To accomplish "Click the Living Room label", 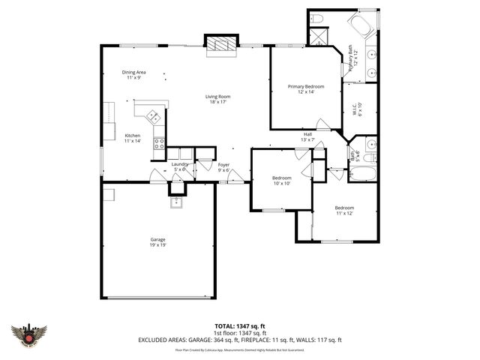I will (x=219, y=99).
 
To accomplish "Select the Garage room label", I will (x=157, y=242).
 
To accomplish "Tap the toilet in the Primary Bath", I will (x=316, y=18).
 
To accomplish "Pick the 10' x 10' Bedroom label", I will (x=281, y=180).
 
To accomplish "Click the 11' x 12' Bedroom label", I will (x=344, y=210).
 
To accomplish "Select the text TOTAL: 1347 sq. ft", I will (x=239, y=325).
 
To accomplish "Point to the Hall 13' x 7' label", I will (x=307, y=136).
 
